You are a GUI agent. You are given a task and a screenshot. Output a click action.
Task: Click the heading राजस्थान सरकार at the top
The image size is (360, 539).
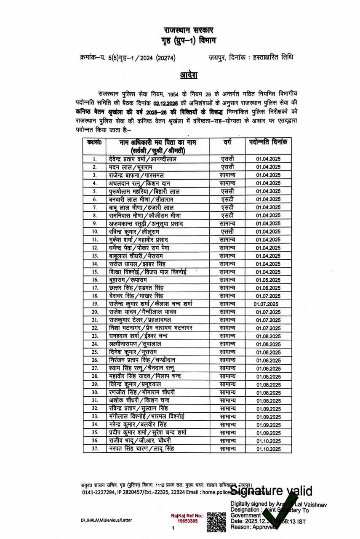click(189, 31)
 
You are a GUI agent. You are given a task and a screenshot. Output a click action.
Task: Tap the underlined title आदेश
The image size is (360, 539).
click(189, 75)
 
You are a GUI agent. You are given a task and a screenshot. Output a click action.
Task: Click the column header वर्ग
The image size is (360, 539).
click(227, 143)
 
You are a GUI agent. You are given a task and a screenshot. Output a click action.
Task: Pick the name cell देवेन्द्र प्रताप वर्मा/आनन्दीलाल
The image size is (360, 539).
click(143, 159)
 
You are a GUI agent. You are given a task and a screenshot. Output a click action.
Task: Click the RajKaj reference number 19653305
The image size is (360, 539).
click(187, 521)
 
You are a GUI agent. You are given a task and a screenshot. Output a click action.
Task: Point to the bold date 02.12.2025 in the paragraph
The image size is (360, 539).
click(167, 103)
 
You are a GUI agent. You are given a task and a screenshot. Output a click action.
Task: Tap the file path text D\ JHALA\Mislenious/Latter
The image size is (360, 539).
click(107, 520)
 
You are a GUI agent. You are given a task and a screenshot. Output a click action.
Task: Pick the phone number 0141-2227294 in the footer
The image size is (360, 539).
click(98, 491)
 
